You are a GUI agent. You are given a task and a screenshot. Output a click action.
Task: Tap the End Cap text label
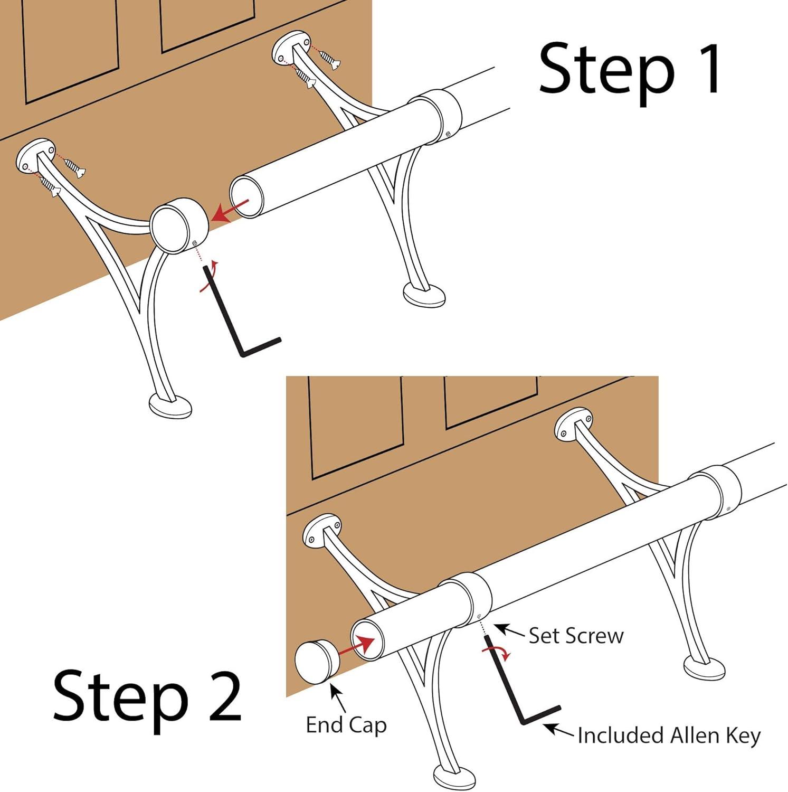click(x=346, y=725)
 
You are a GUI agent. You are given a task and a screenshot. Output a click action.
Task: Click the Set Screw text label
click(x=576, y=636)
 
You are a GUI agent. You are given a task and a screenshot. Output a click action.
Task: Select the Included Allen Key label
click(x=669, y=736)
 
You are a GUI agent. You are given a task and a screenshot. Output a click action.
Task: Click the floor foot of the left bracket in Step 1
click(x=170, y=407)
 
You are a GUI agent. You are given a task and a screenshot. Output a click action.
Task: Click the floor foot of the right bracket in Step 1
click(x=424, y=295)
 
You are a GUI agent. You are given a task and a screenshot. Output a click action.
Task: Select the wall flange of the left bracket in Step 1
click(x=36, y=157)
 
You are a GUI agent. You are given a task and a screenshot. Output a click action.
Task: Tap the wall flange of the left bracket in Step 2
click(x=321, y=531)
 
